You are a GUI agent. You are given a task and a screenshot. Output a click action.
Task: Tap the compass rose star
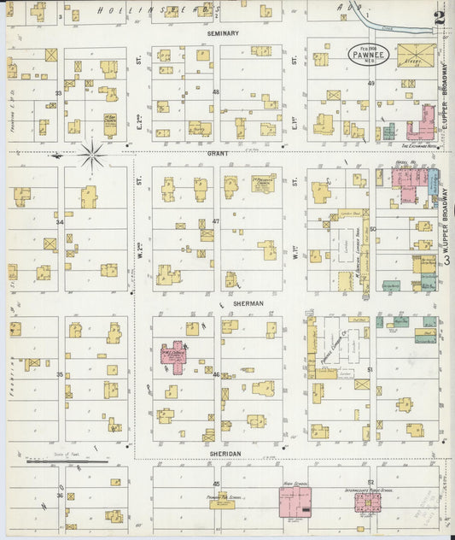[92, 155]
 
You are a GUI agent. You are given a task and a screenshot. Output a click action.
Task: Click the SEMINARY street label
[223, 33]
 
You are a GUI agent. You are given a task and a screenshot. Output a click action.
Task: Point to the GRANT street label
[217, 153]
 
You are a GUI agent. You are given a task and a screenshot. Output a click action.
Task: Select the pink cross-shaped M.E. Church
[176, 355]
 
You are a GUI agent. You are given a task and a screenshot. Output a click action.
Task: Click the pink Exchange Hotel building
[420, 124]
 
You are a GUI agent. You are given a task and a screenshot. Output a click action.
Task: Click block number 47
[216, 221]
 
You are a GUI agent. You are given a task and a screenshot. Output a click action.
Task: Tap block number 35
[60, 374]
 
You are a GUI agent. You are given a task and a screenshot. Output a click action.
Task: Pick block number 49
[371, 83]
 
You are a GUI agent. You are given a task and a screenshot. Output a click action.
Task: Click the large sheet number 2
[438, 17]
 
